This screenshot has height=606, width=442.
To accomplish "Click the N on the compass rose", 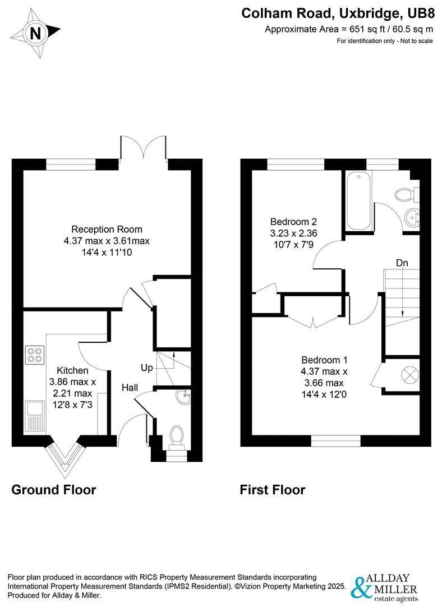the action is (35, 34).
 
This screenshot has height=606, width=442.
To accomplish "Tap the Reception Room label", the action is (107, 229).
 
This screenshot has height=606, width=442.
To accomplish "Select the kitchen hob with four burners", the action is (35, 355).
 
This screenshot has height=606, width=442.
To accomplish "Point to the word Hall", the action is (130, 388).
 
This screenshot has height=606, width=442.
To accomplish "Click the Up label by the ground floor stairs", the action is (147, 368).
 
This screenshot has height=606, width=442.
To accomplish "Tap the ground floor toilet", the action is (177, 438).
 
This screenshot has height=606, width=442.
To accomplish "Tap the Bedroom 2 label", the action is (293, 222).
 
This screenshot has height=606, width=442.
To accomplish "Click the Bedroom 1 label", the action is (324, 360).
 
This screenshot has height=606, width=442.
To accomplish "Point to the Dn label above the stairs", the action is (402, 263).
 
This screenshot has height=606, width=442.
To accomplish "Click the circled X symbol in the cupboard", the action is (410, 374).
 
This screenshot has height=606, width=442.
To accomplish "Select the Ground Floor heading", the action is (54, 490).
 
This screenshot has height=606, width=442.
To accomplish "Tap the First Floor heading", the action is (273, 490).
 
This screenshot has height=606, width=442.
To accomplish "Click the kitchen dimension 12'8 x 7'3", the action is (72, 405).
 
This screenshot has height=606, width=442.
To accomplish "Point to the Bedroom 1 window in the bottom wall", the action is (336, 441).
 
